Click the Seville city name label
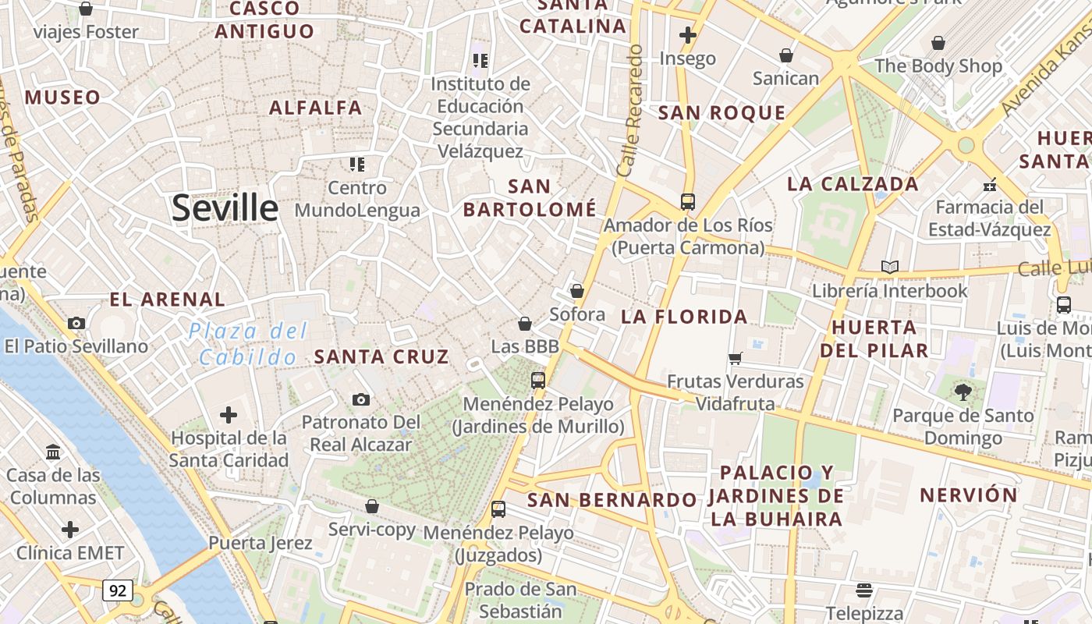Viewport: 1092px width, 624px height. pos(225,208)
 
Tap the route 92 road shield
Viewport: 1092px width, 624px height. pos(117,590)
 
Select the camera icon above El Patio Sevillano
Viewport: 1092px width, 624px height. pos(76,323)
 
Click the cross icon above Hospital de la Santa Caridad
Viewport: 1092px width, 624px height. pos(229,414)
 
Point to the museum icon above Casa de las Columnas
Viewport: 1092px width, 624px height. pos(54,452)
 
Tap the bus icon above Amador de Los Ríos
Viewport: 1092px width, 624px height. pos(687,202)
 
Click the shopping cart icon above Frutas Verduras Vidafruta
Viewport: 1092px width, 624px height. pos(735,359)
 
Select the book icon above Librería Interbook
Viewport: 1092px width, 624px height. pos(889,268)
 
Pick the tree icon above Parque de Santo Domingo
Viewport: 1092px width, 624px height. pos(963,392)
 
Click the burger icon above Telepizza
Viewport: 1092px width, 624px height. pos(863,590)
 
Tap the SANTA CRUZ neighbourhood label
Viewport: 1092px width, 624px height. pos(381,357)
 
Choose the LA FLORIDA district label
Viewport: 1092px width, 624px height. pos(684,317)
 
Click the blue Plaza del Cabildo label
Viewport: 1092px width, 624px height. pos(248,344)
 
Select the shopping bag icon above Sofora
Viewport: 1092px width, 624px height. pos(577,291)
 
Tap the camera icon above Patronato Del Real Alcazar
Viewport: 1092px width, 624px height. pos(360,399)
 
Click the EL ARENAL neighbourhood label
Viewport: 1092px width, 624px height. pos(167,300)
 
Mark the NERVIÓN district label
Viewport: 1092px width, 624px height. pos(968,495)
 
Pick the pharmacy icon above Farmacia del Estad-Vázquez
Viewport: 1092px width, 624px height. pos(990,185)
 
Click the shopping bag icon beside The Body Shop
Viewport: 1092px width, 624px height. pos(938,43)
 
